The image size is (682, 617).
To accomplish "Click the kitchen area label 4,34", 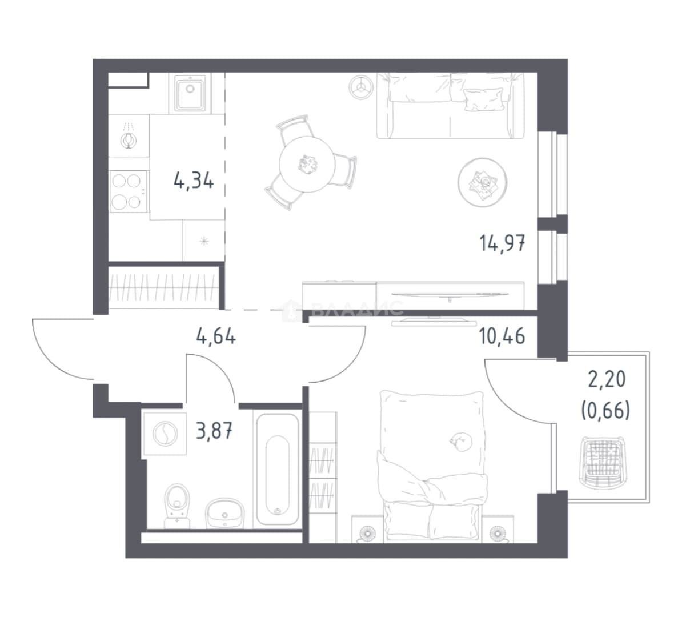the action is [x=194, y=180].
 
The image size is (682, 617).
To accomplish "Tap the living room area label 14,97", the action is [x=502, y=243].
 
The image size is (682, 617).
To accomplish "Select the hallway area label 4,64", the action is [x=216, y=336].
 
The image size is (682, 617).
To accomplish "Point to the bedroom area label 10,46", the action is [x=502, y=336].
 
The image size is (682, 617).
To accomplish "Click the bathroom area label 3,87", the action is [x=214, y=432].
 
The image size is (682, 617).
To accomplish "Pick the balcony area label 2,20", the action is [x=607, y=379].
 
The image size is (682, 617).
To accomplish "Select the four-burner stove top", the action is [x=127, y=191].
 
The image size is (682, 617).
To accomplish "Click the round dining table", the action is [x=307, y=165].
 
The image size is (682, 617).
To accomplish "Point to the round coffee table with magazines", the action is [x=482, y=182].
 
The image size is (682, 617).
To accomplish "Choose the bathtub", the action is [x=278, y=469].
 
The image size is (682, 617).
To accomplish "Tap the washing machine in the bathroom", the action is [x=165, y=434].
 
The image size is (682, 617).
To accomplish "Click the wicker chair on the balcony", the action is [x=603, y=462].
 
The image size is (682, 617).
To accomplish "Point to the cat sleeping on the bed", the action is [x=461, y=441].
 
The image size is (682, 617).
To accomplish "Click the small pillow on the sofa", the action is [x=483, y=99].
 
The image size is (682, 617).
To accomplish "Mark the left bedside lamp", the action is [x=368, y=534].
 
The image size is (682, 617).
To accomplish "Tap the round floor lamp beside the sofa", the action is [x=360, y=87].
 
